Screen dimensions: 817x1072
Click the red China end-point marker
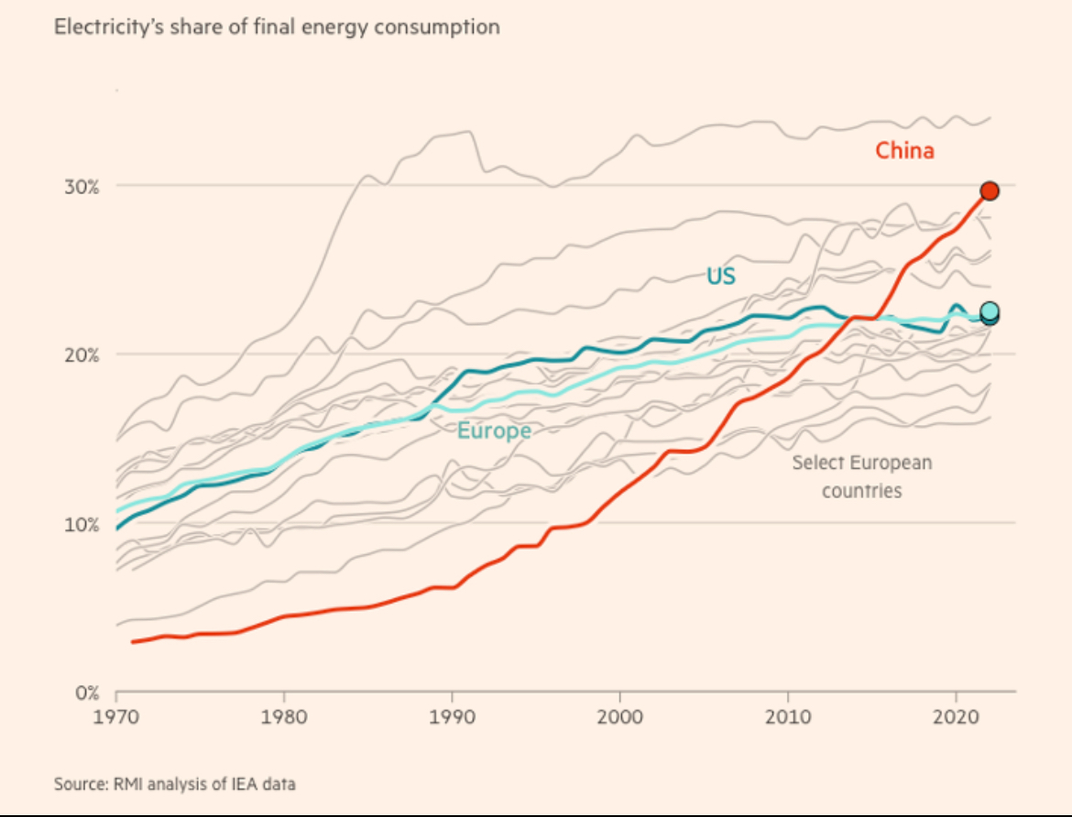click(x=990, y=191)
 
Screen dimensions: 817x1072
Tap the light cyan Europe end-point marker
click(x=990, y=310)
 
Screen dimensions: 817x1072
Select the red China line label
click(x=904, y=151)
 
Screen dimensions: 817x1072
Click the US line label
click(x=720, y=276)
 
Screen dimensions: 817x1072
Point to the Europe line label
click(x=494, y=430)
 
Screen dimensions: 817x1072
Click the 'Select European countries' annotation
click(x=861, y=476)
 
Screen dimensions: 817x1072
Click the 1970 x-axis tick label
click(x=115, y=714)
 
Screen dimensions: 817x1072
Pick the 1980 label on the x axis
click(x=284, y=714)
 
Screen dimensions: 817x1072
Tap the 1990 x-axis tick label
click(x=452, y=714)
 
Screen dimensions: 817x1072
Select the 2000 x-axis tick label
click(x=620, y=714)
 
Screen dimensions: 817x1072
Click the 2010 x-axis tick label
click(x=788, y=714)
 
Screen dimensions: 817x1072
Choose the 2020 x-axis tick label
click(x=957, y=714)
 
